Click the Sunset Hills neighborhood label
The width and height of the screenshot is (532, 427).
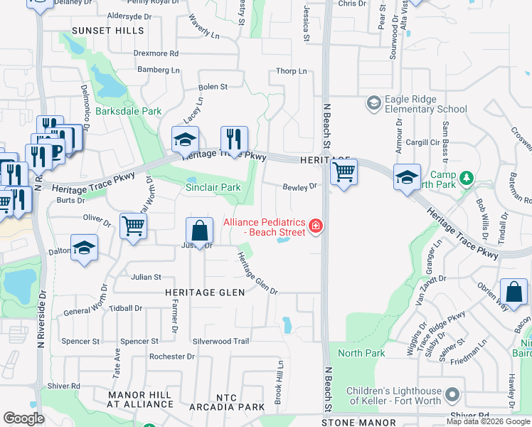[107, 31]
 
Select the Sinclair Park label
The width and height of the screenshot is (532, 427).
[213, 188]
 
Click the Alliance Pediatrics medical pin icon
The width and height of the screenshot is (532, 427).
[316, 227]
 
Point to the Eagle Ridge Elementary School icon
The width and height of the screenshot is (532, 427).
[373, 104]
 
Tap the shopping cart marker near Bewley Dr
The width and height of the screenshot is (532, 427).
[344, 172]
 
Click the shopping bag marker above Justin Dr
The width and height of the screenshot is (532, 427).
[200, 231]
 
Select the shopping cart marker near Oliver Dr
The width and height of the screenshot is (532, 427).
[133, 226]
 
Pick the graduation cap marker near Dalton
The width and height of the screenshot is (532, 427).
[84, 248]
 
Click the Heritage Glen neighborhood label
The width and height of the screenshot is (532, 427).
[205, 292]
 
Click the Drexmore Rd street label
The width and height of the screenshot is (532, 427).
[156, 53]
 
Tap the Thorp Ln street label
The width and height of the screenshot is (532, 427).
[292, 71]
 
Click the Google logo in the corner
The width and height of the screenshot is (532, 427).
[23, 418]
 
